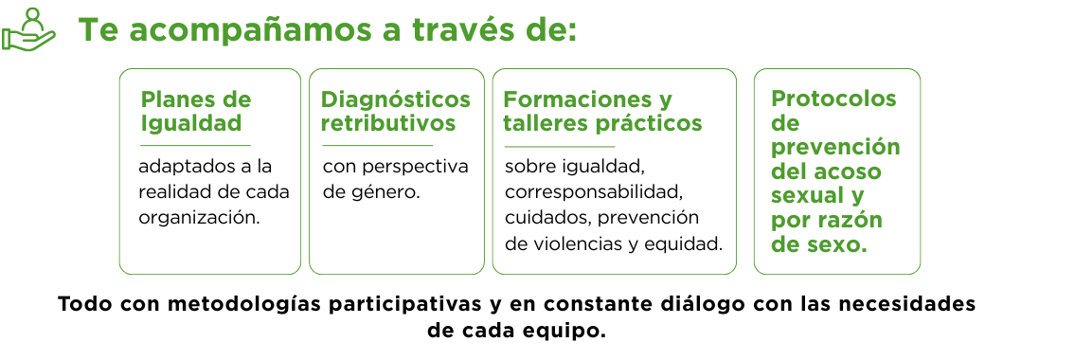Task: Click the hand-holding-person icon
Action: (x=28, y=28)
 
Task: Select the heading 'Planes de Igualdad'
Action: (x=195, y=111)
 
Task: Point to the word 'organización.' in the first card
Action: (x=200, y=218)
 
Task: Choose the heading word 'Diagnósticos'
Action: (x=396, y=100)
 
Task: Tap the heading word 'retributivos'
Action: (x=388, y=123)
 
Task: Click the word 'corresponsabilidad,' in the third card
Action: (x=594, y=192)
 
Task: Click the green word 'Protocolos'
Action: (x=833, y=99)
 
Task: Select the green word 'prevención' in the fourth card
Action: (x=835, y=148)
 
